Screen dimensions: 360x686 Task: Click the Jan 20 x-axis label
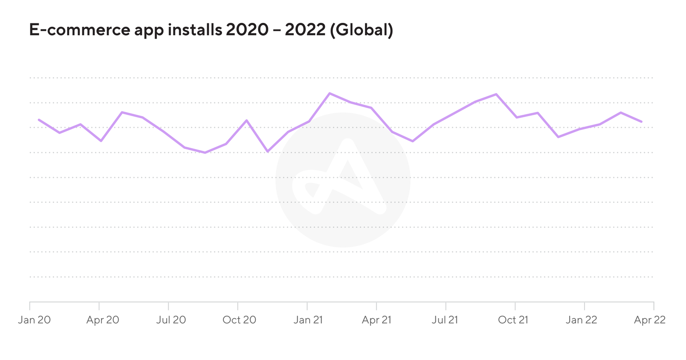tap(34, 320)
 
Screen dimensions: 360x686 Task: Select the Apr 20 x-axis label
tap(102, 320)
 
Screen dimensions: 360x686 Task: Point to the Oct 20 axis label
tap(239, 320)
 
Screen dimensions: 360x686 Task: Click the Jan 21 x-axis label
tap(308, 320)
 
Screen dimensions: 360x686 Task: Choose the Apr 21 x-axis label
tap(376, 320)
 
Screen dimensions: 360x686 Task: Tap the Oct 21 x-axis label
tap(514, 320)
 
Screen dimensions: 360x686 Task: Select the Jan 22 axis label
tap(581, 320)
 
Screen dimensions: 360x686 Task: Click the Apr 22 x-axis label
tap(650, 320)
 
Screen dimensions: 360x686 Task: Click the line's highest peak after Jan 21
tap(330, 93)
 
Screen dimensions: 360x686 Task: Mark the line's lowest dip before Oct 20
tap(205, 152)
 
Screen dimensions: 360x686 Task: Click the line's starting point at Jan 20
tap(39, 120)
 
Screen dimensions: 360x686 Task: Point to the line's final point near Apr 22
tap(642, 121)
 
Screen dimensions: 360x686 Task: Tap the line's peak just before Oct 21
tap(496, 94)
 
